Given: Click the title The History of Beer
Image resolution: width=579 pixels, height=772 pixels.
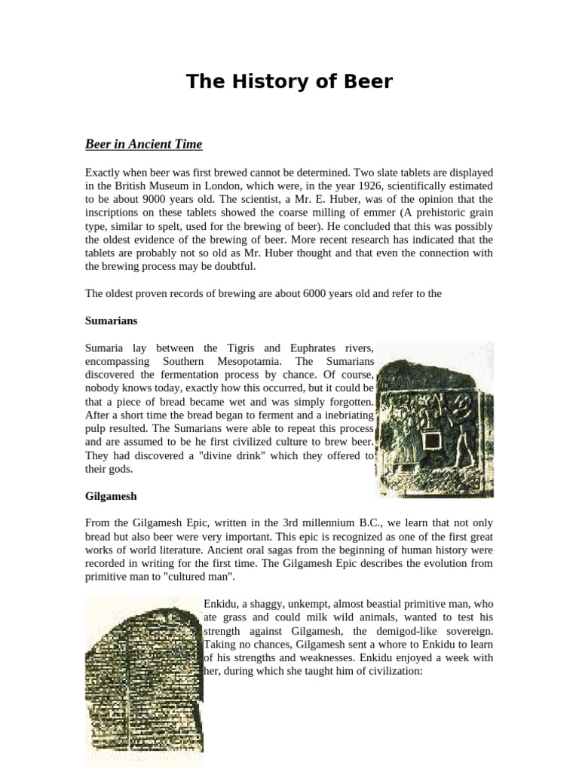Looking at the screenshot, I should click(289, 81).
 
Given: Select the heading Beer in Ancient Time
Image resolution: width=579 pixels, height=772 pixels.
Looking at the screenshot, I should click(143, 143).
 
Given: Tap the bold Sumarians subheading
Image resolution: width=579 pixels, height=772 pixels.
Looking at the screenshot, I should click(111, 320).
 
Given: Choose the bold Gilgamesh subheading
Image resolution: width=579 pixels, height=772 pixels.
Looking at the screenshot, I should click(111, 496).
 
